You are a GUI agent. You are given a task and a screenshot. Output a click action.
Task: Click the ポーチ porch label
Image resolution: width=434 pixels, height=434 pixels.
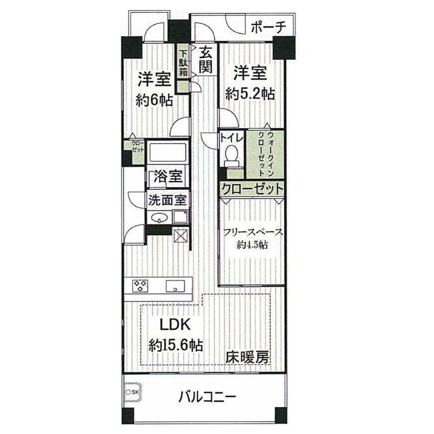(268, 28)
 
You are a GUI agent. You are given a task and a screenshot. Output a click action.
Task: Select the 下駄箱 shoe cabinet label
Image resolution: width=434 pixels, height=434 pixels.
(183, 63)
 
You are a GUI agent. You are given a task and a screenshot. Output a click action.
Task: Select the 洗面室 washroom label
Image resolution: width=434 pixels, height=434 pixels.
(167, 200)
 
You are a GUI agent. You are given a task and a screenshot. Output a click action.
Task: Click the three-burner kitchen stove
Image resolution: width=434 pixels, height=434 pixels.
(140, 286)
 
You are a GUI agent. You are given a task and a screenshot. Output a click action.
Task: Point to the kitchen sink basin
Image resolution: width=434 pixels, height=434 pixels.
(175, 286)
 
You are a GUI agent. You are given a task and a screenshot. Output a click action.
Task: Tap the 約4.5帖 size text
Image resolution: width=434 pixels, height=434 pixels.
(252, 245)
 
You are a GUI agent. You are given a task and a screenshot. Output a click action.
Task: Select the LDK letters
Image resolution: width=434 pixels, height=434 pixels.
(175, 325)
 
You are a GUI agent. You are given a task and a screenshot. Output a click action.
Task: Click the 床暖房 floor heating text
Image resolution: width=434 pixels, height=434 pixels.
(247, 358)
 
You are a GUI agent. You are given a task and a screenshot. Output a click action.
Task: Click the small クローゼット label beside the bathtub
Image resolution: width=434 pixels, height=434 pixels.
(138, 146)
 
